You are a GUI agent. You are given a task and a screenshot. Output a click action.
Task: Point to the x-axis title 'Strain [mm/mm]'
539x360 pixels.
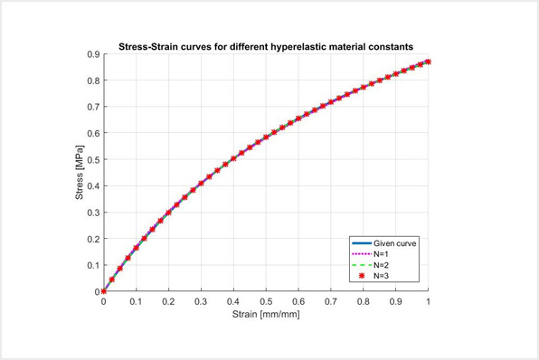coord(266,316)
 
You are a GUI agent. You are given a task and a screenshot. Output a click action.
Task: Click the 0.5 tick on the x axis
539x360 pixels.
coord(266,303)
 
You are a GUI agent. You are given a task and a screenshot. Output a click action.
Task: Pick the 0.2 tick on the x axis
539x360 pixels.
coord(168,303)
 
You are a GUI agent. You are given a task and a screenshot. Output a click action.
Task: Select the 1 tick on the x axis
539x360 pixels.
coord(428,303)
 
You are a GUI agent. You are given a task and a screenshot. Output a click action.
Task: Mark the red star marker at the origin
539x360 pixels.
coord(104,291)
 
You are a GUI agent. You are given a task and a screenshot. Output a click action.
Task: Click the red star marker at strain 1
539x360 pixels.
coord(428,62)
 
